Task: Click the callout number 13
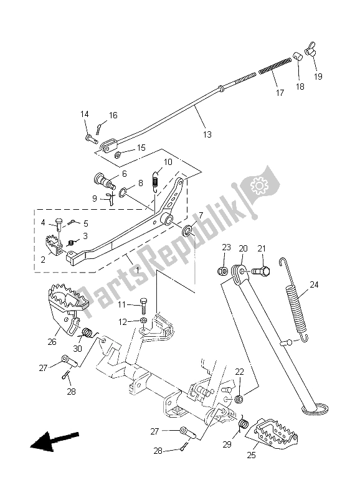206,134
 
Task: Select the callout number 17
279,93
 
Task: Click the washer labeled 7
187,232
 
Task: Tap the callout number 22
239,372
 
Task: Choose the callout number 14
84,114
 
